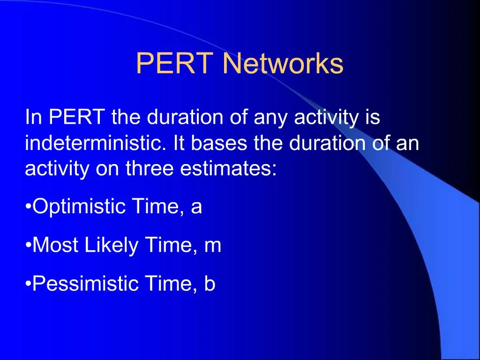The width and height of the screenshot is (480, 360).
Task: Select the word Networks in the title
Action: (283, 64)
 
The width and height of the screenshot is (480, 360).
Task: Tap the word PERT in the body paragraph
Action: (77, 117)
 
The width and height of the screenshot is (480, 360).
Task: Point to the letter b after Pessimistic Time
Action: (210, 284)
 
